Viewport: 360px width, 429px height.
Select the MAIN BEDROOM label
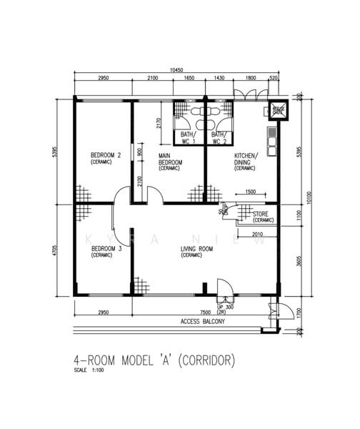170,162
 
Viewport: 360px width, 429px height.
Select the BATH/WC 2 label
219,137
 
